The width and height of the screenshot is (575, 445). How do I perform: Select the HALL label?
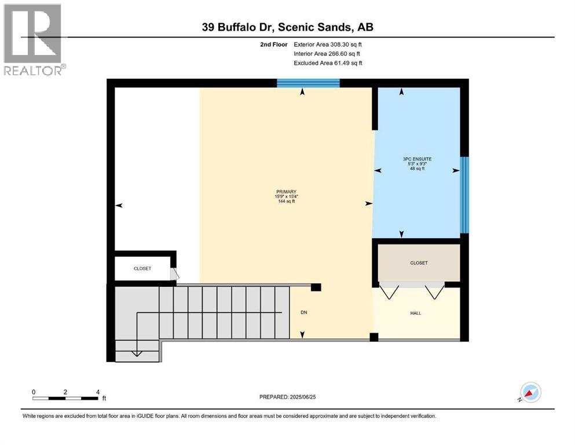[x=416, y=313]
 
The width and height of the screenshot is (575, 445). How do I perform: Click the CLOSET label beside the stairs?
[x=142, y=269]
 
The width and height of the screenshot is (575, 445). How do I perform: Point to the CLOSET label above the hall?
[x=419, y=263]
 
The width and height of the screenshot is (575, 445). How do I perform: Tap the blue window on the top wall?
[x=308, y=83]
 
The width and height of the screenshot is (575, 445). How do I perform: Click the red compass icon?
[x=530, y=392]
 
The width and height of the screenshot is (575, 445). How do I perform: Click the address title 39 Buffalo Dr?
[x=287, y=27]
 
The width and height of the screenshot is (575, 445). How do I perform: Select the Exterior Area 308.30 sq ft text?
[x=328, y=44]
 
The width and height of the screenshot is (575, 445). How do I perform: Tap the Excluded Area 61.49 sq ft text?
[x=328, y=63]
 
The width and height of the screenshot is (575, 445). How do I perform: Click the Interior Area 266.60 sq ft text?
[x=328, y=53]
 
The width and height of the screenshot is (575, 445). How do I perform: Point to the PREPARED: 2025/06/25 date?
[x=287, y=397]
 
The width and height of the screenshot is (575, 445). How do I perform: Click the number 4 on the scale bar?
[x=97, y=392]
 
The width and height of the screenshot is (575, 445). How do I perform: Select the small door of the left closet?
[x=174, y=274]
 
